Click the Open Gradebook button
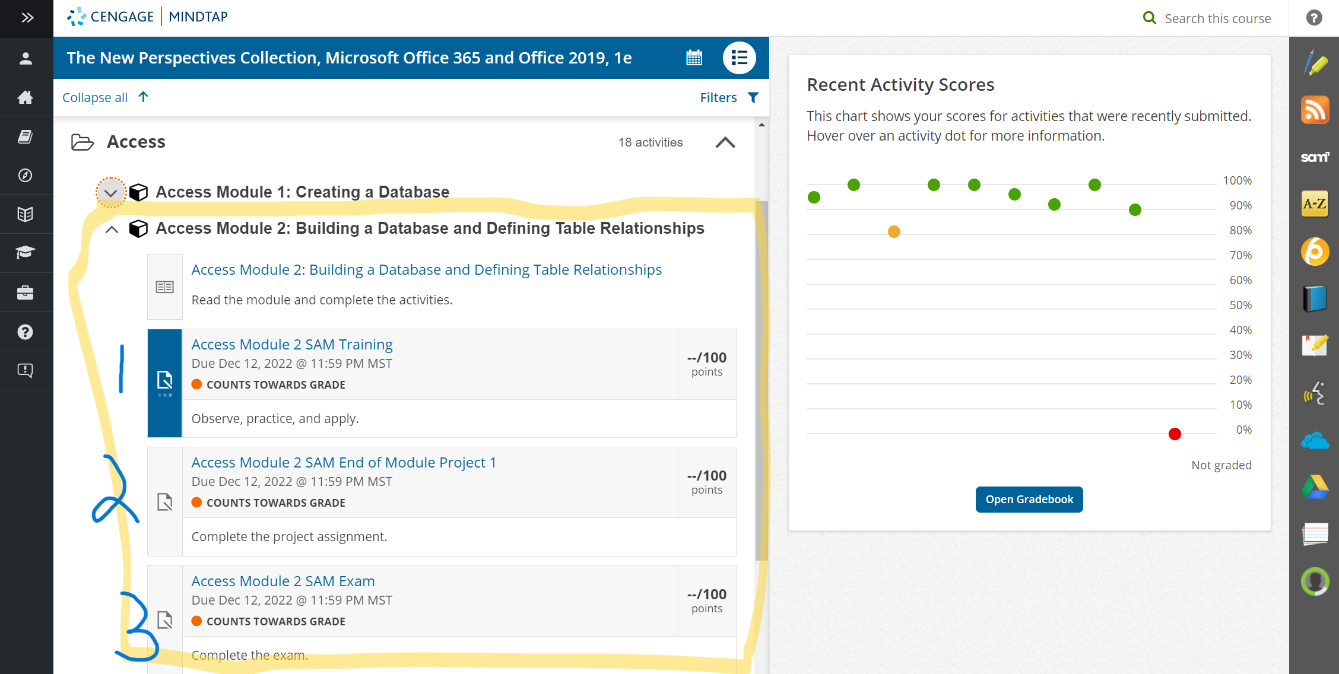click(1029, 500)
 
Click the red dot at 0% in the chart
click(1175, 434)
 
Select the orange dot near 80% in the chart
click(894, 231)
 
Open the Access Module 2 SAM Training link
click(292, 345)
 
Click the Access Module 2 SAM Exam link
click(283, 581)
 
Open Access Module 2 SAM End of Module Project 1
click(344, 463)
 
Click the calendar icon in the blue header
click(694, 58)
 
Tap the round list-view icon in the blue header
click(739, 58)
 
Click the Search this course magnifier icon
click(1150, 18)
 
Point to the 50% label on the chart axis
click(1240, 305)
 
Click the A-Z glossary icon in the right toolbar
click(1315, 204)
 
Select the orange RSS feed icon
click(1315, 110)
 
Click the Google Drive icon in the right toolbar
click(1315, 487)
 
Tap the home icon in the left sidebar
click(26, 97)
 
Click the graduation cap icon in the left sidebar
click(26, 252)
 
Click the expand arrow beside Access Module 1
click(111, 193)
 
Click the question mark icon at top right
click(1314, 18)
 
